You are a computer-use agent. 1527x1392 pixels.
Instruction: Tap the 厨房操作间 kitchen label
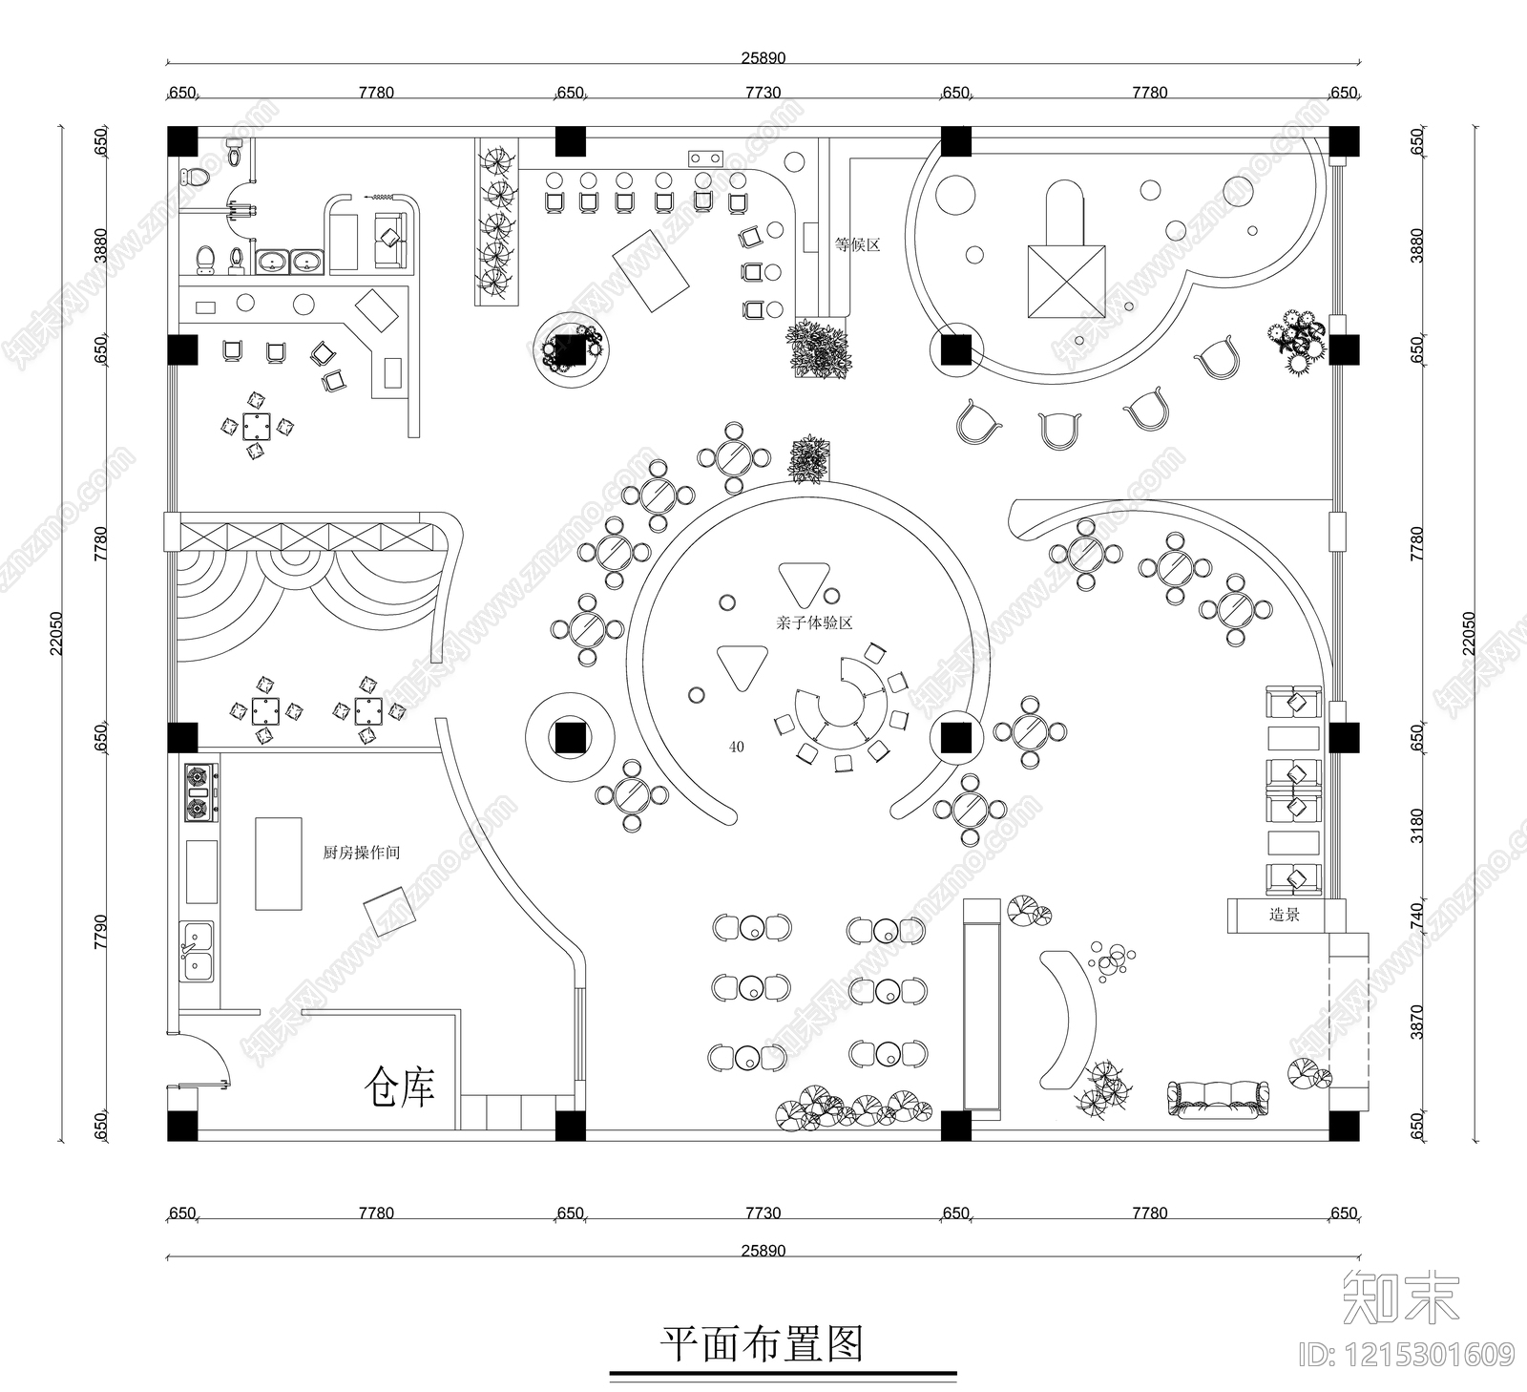tap(361, 853)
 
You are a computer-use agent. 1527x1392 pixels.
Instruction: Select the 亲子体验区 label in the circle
tap(813, 622)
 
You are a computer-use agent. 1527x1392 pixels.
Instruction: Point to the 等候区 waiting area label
tap(857, 244)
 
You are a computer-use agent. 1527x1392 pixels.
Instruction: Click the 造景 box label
tap(1284, 915)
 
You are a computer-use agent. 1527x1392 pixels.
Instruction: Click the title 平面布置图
tap(762, 1344)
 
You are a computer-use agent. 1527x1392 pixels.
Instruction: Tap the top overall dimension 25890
tap(763, 57)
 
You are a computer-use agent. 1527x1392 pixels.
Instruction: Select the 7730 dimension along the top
tap(763, 93)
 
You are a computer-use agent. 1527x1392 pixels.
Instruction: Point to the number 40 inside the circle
tap(736, 747)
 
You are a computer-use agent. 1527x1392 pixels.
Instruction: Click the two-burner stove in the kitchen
tap(199, 792)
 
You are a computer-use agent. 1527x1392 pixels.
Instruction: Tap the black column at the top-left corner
tap(181, 141)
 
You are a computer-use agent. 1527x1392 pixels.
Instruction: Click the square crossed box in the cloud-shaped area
tap(1066, 281)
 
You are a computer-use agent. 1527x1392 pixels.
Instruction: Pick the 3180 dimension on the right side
tap(1416, 825)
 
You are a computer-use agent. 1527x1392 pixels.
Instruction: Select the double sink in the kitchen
tap(198, 951)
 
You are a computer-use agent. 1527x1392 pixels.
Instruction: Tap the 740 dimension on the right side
tap(1416, 914)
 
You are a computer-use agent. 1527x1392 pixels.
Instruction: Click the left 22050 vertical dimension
tap(56, 632)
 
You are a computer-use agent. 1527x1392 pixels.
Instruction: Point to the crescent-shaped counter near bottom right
tap(1071, 1017)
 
